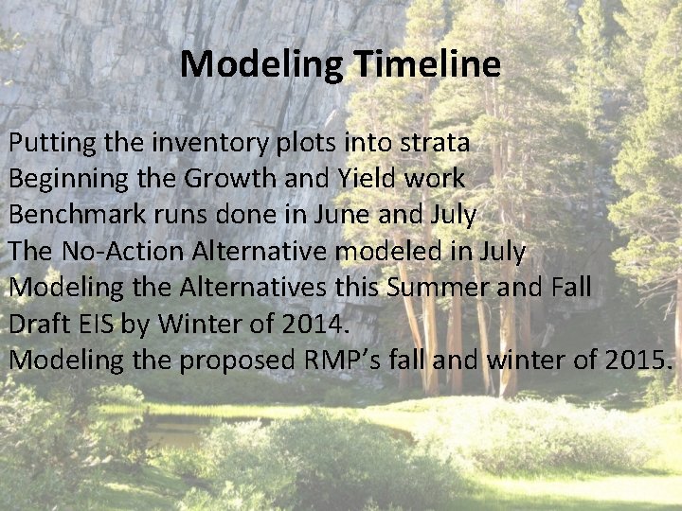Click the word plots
point(287,144)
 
